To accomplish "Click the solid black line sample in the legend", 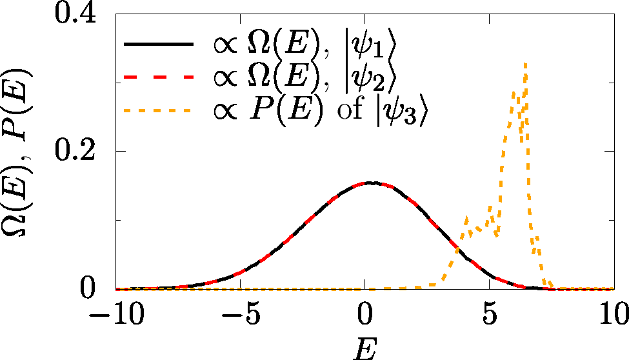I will tap(159, 45).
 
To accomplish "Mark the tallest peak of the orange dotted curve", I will tap(526, 63).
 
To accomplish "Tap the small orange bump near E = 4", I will tap(466, 217).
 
